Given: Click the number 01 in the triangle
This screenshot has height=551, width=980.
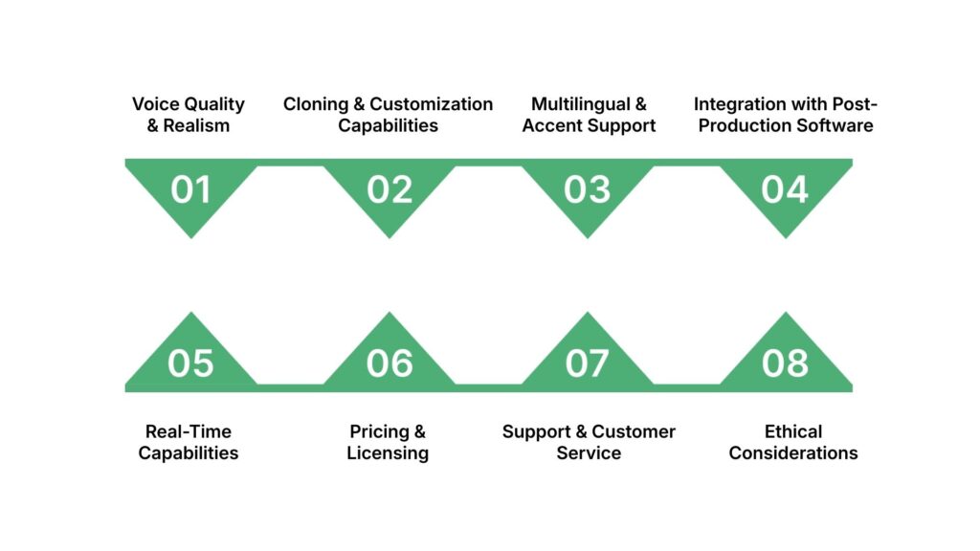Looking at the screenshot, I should (190, 190).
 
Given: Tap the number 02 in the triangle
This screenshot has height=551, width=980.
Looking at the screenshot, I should (390, 190).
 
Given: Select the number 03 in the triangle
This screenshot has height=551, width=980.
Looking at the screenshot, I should (587, 190).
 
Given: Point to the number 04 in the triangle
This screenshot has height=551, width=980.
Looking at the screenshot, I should (785, 190).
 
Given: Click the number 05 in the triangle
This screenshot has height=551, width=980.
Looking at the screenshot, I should (190, 364).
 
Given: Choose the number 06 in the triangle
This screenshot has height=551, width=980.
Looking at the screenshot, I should (390, 364).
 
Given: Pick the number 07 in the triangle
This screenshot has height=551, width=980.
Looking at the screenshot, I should (587, 364).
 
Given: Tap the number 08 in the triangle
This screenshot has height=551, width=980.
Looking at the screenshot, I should (785, 364).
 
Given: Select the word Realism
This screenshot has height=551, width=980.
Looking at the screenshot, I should (196, 125).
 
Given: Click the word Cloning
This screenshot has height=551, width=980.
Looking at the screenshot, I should (317, 104).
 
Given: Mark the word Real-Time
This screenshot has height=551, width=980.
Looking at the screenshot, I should (189, 431).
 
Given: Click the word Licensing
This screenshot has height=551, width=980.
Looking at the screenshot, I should (388, 452).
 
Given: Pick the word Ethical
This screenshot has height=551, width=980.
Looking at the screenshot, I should (793, 431).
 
